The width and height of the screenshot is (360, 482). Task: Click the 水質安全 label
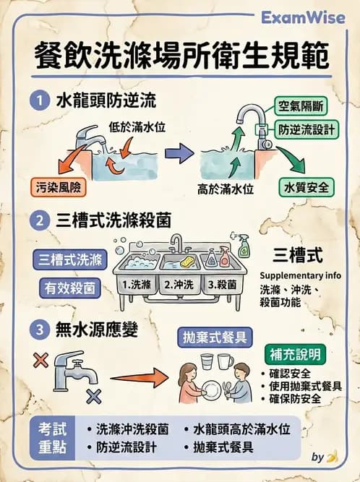pos(307,186)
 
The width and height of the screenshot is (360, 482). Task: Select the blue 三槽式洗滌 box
pos(69,259)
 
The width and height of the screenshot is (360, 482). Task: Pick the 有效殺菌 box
pos(69,287)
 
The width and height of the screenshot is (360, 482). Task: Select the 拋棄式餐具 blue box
pos(213,337)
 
